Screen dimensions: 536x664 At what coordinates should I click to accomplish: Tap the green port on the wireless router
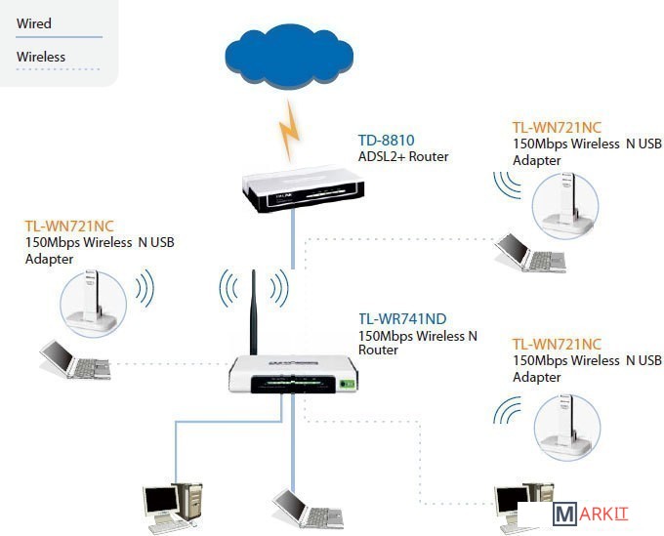tap(346, 383)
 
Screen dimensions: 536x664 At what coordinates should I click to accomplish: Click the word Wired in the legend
tap(34, 23)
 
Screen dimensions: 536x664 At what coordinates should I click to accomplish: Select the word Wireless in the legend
tap(41, 57)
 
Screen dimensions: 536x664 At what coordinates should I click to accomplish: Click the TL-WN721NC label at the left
tap(69, 226)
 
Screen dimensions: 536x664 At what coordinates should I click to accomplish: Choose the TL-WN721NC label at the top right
tap(557, 127)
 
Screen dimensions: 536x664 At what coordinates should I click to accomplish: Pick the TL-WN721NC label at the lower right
tap(557, 344)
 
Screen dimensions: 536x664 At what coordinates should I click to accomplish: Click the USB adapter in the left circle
tap(93, 297)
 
